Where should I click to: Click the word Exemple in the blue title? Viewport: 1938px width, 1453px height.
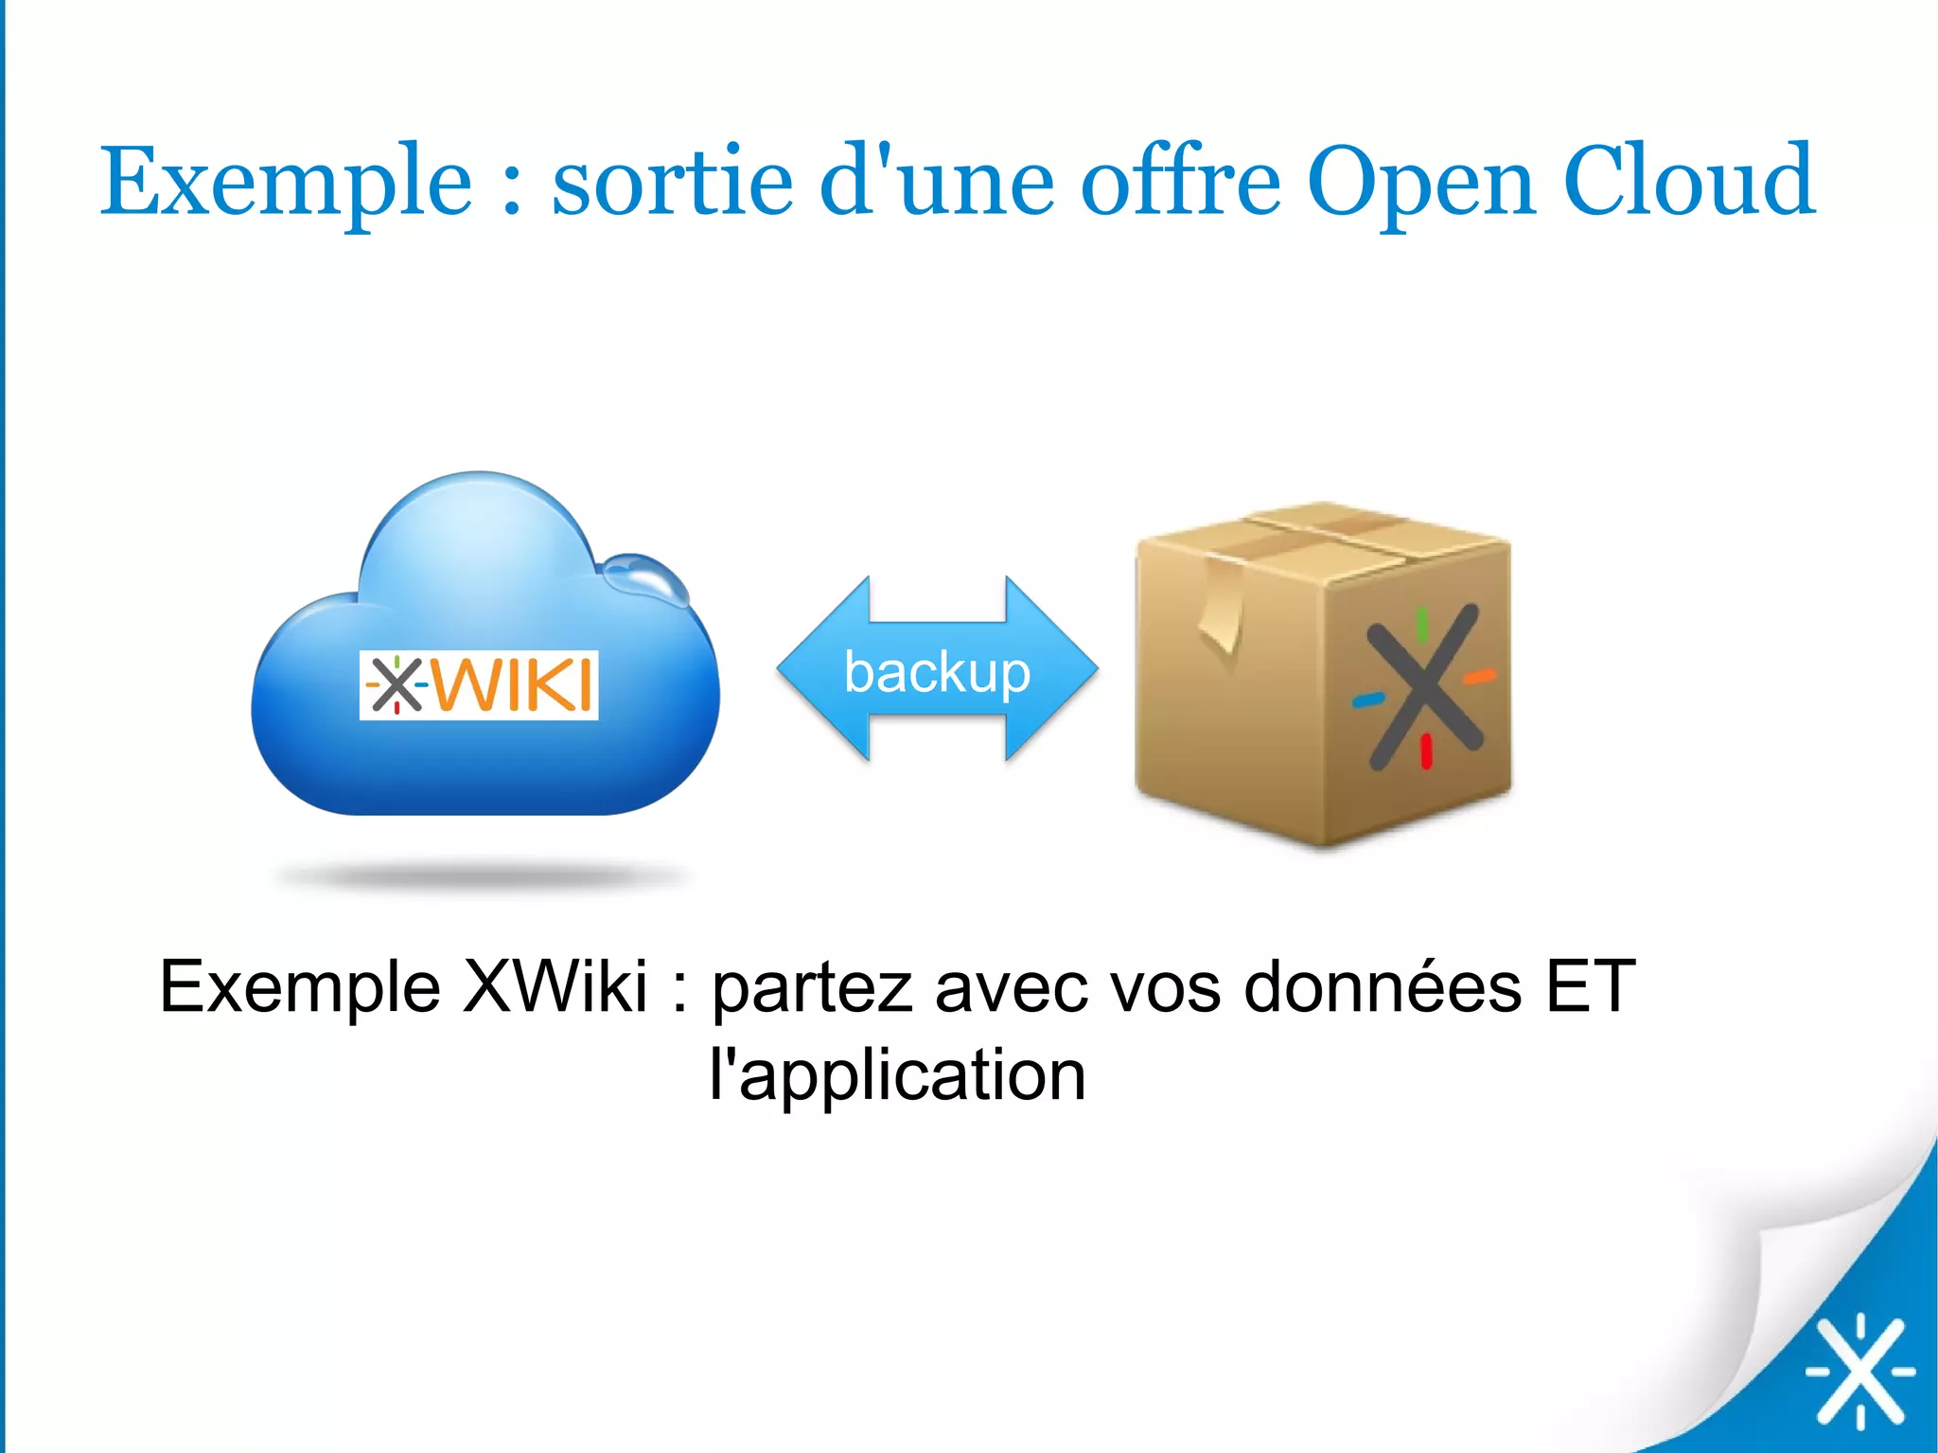point(286,182)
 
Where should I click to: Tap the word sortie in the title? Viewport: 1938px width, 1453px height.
point(672,182)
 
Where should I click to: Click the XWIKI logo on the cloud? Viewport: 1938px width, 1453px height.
point(479,684)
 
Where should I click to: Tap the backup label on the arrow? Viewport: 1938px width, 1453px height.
point(937,672)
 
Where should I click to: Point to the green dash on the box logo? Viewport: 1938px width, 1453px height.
point(1421,622)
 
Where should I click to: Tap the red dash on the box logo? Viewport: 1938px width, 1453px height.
point(1426,752)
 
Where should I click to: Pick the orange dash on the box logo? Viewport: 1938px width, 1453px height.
point(1479,676)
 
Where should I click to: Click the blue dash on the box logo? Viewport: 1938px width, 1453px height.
point(1368,700)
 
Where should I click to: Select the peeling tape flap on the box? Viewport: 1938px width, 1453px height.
point(1222,611)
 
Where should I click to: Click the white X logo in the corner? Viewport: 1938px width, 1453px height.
point(1859,1371)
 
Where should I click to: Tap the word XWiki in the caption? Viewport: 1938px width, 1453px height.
point(555,986)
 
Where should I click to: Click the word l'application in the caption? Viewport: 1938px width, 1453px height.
point(897,1076)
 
